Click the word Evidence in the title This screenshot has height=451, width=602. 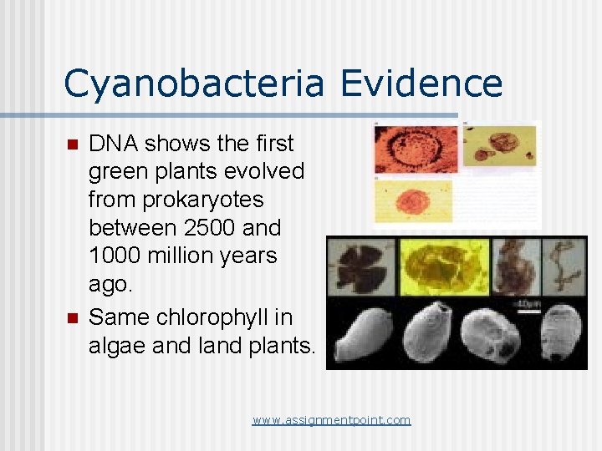coord(421,84)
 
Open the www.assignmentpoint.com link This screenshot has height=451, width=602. coord(331,420)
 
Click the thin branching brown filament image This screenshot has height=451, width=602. coord(564,266)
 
